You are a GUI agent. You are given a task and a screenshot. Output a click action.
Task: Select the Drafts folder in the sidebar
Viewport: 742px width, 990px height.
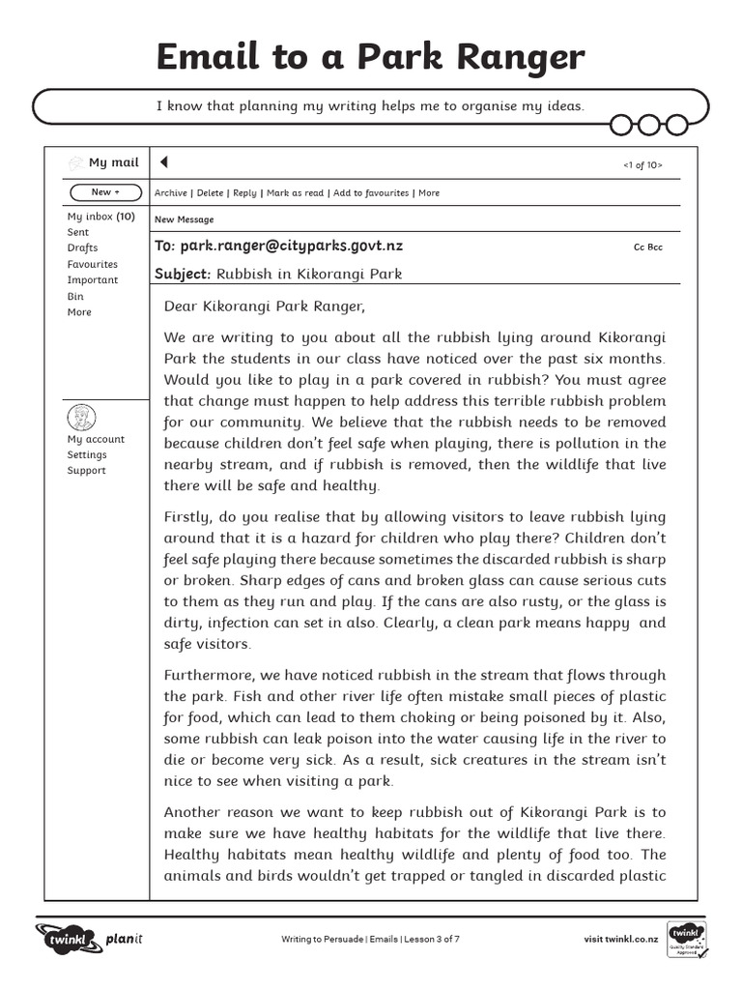pos(82,248)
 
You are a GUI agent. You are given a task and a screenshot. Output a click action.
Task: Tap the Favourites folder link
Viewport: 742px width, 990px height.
pos(92,264)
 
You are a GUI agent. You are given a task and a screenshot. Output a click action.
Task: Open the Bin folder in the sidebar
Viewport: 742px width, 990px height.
pos(75,296)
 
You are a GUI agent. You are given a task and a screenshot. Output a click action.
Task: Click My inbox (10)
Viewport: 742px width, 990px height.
pos(100,217)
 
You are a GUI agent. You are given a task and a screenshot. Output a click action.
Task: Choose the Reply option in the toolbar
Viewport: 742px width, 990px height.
pos(245,193)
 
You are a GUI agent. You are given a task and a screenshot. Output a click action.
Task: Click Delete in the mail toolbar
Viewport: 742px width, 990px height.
pos(211,193)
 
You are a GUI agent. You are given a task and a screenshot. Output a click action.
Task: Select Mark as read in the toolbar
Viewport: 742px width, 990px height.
pos(295,193)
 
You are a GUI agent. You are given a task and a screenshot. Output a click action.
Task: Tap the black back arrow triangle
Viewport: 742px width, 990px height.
pos(163,161)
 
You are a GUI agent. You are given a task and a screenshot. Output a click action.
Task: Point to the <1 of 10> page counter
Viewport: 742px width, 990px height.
pos(642,165)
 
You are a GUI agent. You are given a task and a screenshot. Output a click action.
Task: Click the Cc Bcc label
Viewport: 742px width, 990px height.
pos(648,247)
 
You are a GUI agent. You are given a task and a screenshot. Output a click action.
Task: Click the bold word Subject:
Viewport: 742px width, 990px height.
pos(183,274)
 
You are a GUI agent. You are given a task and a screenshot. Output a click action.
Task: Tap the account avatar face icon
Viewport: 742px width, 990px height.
pos(82,418)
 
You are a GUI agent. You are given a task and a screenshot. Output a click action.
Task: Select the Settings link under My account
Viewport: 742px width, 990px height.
pos(87,454)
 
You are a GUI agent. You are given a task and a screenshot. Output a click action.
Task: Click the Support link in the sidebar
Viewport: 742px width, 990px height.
pos(86,471)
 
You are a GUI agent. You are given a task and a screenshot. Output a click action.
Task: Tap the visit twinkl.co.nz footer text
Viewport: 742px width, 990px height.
pos(621,939)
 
